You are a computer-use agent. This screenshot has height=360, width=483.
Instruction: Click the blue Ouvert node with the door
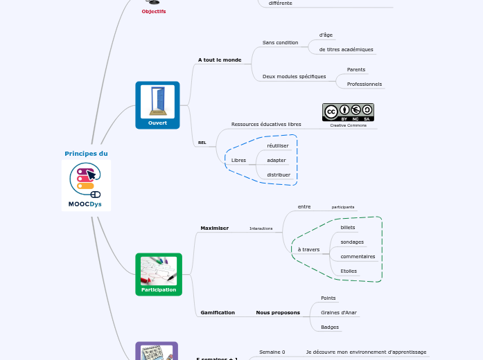[x=157, y=105]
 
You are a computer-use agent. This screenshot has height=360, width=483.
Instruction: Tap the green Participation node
[x=158, y=274]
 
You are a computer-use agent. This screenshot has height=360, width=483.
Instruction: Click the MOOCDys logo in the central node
[x=86, y=186]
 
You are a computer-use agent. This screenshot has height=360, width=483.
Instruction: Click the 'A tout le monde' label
[x=219, y=60]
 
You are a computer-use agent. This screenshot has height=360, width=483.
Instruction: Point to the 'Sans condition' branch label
[x=280, y=42]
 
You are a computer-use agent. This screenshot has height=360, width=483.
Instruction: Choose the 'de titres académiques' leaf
[x=346, y=50]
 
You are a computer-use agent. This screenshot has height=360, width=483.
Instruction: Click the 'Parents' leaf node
[x=355, y=69]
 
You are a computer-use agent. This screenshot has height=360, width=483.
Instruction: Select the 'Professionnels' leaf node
[x=364, y=84]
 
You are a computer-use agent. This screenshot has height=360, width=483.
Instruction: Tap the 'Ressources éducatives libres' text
[x=266, y=124]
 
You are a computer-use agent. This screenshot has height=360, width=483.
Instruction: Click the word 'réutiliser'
[x=278, y=145]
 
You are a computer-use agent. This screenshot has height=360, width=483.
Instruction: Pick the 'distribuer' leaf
[x=279, y=174]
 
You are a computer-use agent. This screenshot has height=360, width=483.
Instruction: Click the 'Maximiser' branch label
[x=214, y=228]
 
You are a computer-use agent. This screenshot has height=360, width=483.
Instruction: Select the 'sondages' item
[x=352, y=242]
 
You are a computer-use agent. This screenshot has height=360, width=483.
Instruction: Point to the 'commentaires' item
[x=358, y=256]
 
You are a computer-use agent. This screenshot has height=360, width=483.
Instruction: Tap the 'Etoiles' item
[x=349, y=271]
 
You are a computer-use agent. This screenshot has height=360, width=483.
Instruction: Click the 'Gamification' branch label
[x=218, y=312]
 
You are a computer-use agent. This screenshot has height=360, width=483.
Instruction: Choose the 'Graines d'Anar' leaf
[x=340, y=312]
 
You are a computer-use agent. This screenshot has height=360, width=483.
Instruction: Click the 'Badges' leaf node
[x=329, y=327]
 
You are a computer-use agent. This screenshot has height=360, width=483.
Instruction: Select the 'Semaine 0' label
[x=272, y=352]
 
